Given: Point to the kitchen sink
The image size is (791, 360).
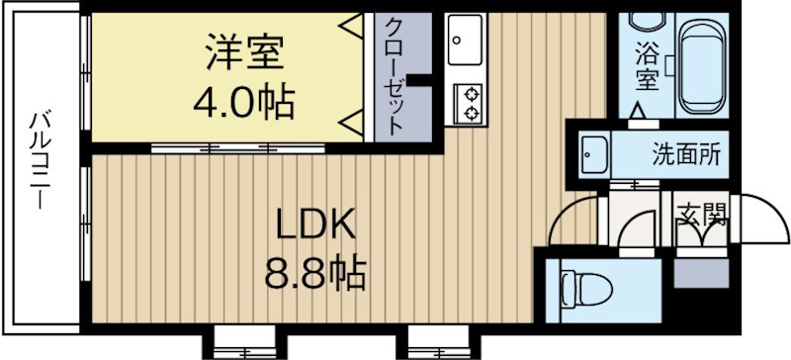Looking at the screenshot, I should coord(463,43).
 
